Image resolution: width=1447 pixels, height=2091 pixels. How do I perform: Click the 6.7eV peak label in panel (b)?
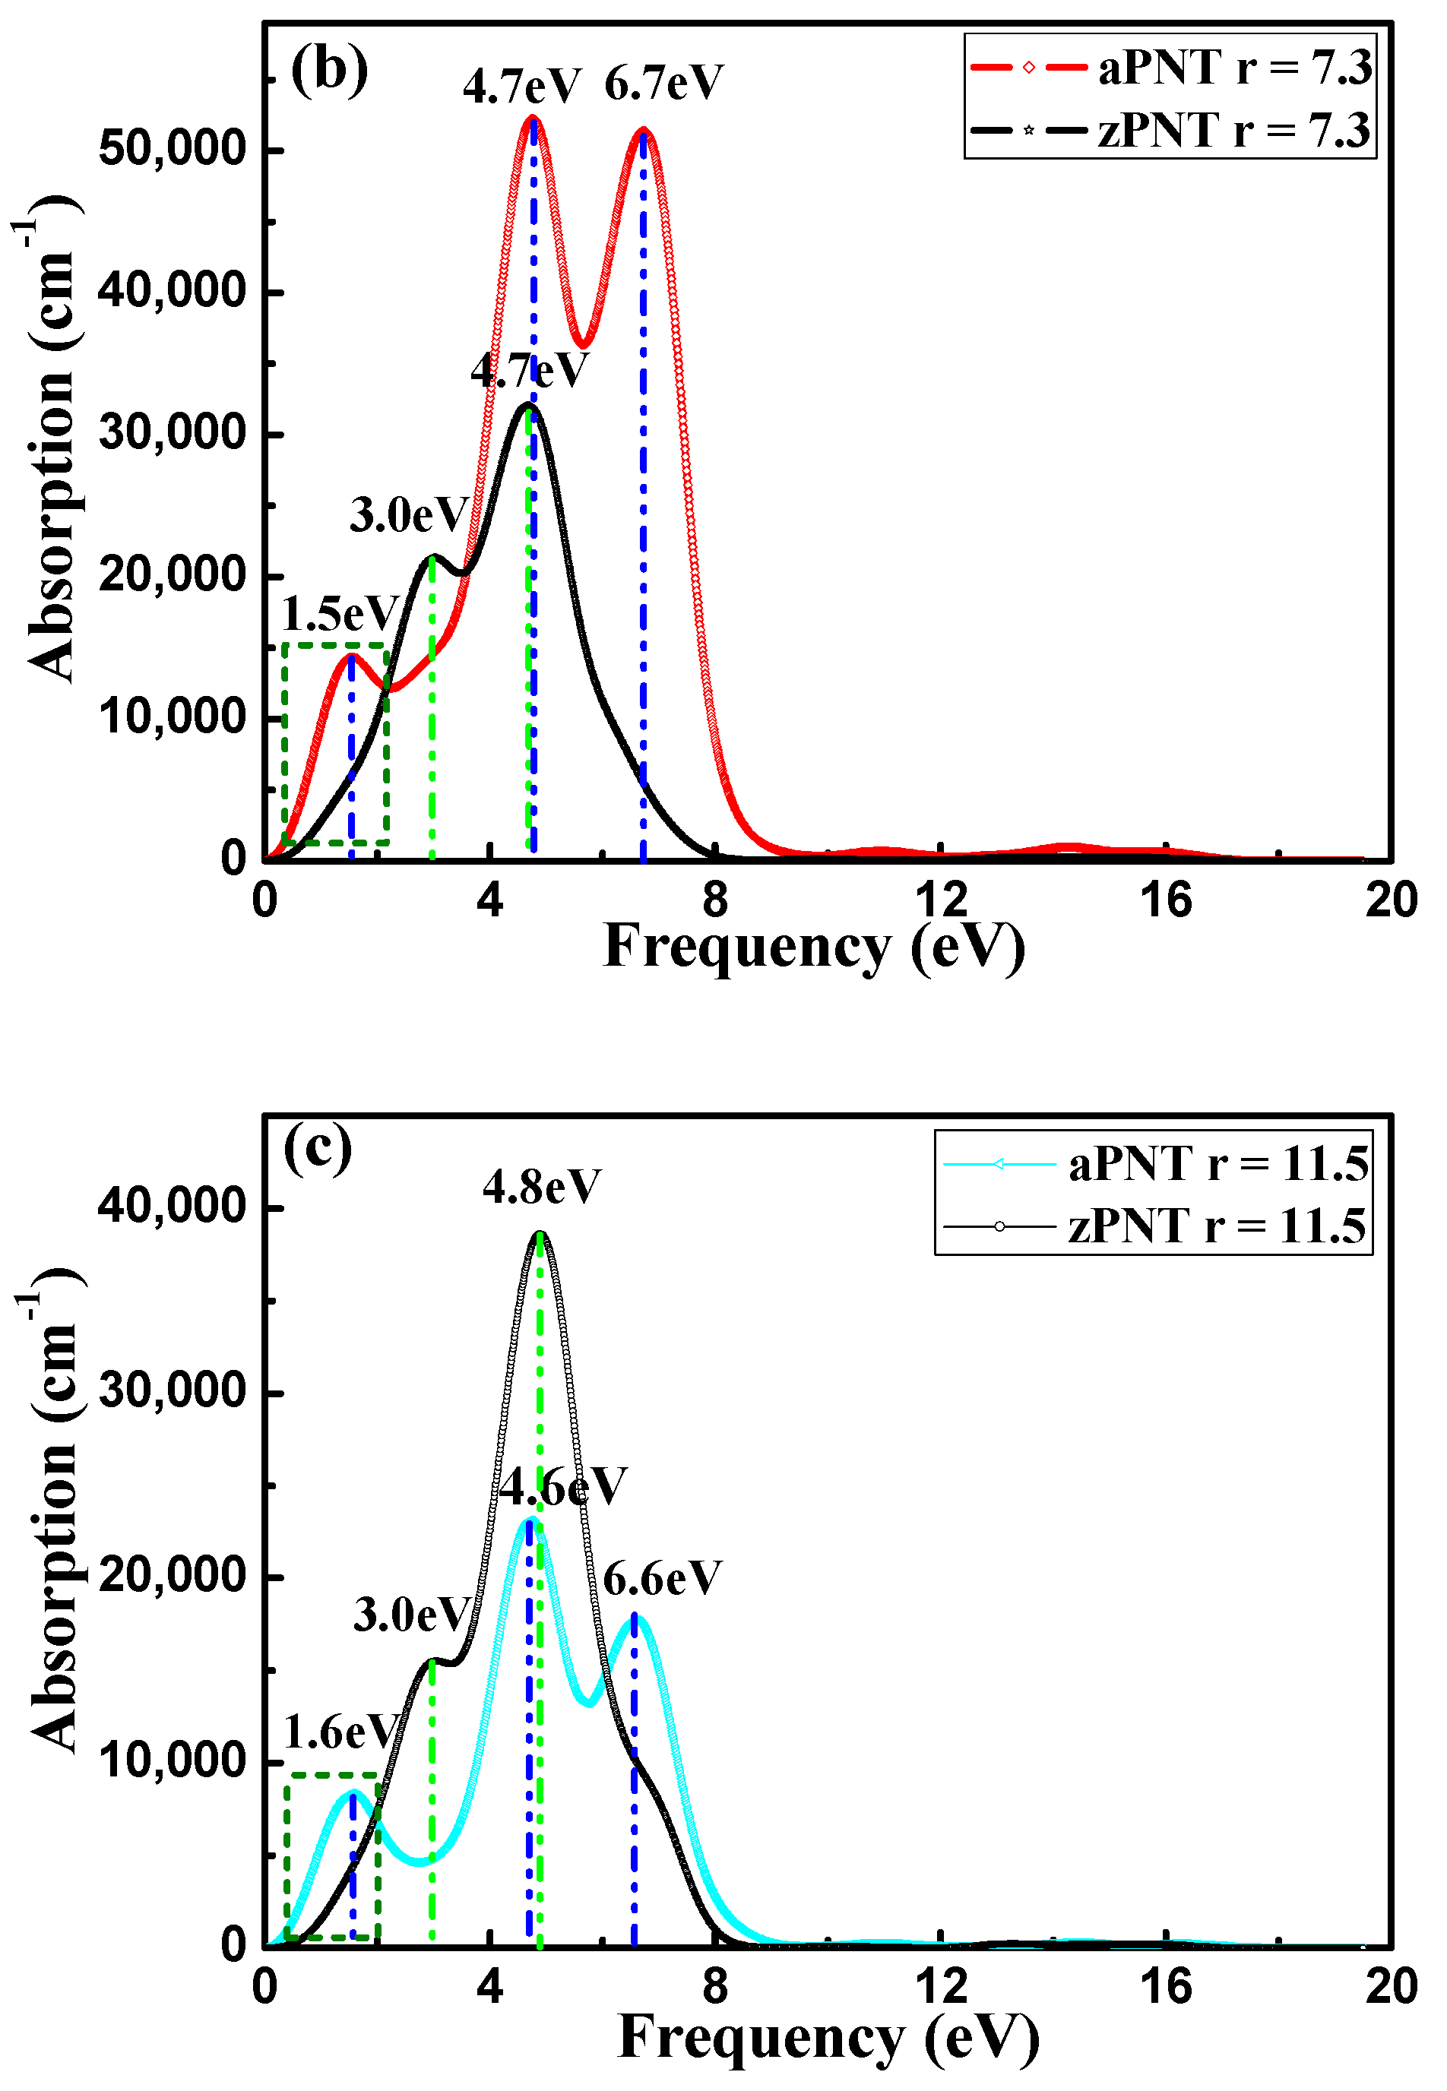coord(663,84)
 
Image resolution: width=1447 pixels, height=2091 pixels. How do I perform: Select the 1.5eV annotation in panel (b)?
coord(340,615)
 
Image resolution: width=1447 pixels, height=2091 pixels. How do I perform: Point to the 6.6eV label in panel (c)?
coord(662,1579)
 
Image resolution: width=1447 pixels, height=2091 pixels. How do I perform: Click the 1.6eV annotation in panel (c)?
coord(341,1732)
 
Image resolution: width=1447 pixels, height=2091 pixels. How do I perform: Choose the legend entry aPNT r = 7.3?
coord(1170,68)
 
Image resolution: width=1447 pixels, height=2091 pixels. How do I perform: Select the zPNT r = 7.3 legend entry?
coord(1170,130)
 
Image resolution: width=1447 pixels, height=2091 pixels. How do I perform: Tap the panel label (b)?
coord(329,70)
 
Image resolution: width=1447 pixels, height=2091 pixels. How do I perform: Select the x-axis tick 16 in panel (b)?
coord(1166,900)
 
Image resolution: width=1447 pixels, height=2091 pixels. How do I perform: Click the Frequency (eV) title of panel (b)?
coord(813,947)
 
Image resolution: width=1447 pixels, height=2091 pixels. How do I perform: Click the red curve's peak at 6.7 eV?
coord(644,132)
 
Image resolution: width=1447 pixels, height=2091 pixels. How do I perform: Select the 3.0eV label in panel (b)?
coord(409,516)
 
